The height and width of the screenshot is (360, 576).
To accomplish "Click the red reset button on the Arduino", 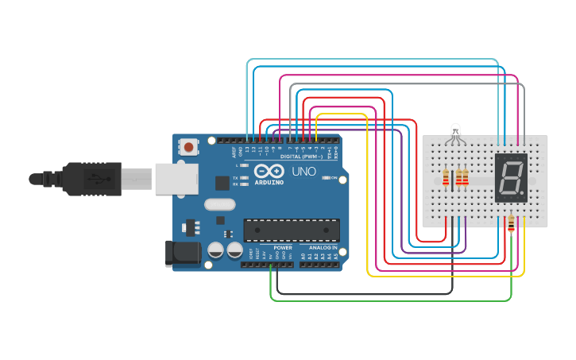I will tap(188, 147).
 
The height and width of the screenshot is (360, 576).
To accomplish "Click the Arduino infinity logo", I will tap(268, 170).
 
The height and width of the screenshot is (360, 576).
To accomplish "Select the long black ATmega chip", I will tap(292, 230).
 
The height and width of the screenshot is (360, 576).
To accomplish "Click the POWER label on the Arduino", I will tap(283, 247).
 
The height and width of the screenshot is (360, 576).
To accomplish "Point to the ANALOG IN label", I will tap(322, 247).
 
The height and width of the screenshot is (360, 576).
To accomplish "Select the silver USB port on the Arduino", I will tap(176, 179).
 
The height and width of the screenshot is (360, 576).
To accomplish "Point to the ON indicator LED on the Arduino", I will tap(326, 177).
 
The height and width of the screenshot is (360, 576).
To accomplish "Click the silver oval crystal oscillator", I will tap(220, 204).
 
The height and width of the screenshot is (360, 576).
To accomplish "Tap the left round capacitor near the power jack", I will tap(216, 250).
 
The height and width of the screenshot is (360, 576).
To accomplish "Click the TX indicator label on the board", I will tap(236, 177).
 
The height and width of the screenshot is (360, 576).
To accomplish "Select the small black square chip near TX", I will tap(222, 182).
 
